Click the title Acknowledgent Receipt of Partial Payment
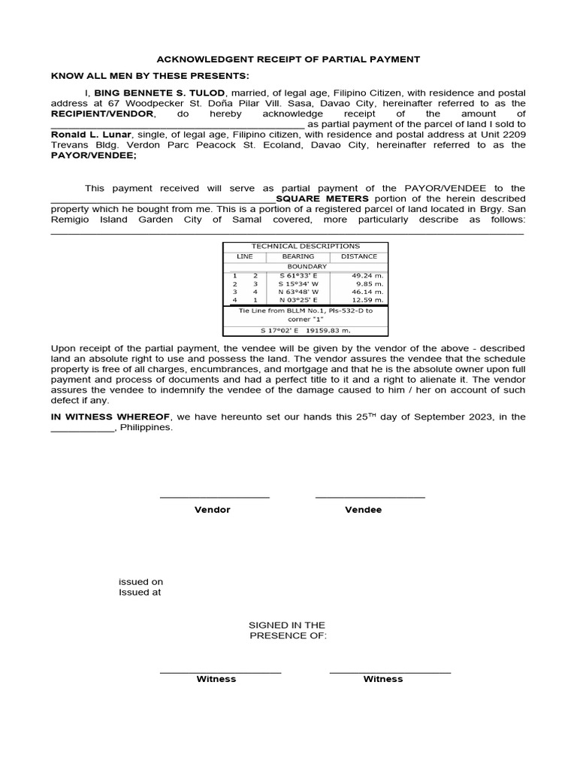coord(288,59)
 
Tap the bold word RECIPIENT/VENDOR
coord(102,113)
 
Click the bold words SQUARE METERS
coord(322,199)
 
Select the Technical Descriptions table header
coord(305,246)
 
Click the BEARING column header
coord(298,256)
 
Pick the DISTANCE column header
coord(359,256)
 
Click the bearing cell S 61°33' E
coord(298,276)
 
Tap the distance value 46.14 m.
coord(368,292)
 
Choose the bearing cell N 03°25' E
coord(298,299)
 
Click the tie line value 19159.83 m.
coord(328,329)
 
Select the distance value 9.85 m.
coord(370,284)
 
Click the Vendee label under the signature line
coord(363,510)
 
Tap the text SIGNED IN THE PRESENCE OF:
coord(287,630)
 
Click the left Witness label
coord(216,679)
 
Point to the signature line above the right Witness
coord(390,672)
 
